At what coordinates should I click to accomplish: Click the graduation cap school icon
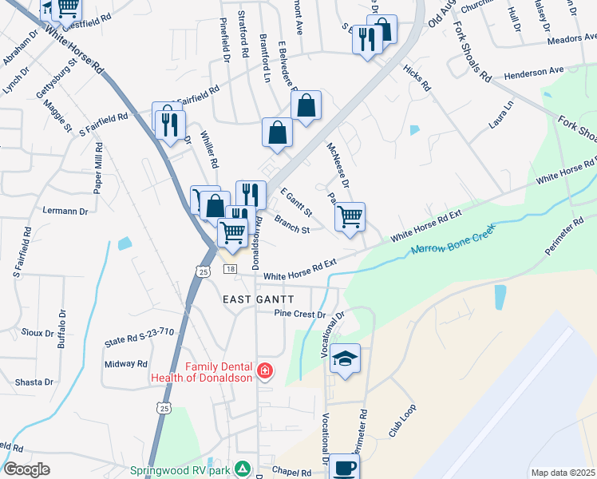346,358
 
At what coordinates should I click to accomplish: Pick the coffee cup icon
345,468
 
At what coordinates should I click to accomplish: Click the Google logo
26,469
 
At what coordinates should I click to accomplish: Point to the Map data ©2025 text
563,473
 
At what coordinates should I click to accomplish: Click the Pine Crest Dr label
300,314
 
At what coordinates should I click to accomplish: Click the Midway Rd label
121,364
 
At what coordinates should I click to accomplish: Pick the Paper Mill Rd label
99,168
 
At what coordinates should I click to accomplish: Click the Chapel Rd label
291,473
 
